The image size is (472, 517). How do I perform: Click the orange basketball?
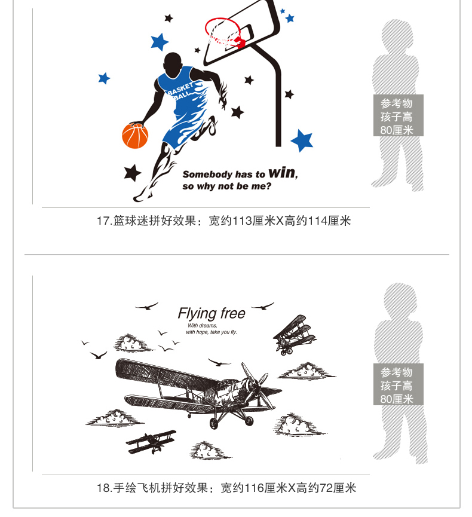tap(135, 136)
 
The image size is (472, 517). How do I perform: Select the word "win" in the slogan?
tap(282, 172)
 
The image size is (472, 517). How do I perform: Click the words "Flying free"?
tap(212, 313)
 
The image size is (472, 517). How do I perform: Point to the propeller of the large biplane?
tap(257, 383)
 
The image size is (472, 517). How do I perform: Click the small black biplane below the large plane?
tap(151, 441)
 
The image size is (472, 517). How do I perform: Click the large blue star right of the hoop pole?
tap(302, 140)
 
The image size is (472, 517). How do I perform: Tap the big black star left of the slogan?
tap(133, 173)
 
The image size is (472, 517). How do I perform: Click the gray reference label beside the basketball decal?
tap(398, 115)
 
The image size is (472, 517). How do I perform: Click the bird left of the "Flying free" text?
tap(147, 306)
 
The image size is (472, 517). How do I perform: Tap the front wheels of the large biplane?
tap(231, 422)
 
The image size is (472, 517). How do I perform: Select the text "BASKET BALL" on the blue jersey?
tap(180, 91)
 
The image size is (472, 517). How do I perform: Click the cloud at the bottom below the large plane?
tap(209, 450)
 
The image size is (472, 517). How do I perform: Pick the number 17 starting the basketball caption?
tap(103, 221)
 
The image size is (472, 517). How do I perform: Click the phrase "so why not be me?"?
tap(227, 186)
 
